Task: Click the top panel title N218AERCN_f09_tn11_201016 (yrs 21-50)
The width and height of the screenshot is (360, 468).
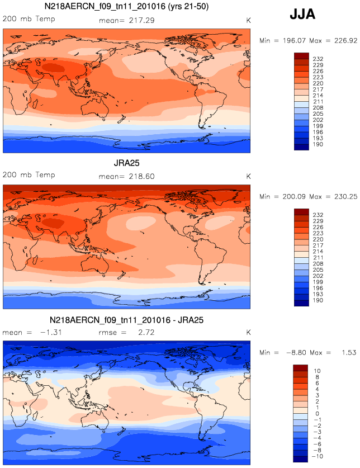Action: [x=126, y=7]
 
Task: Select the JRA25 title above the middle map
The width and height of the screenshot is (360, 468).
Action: [x=126, y=163]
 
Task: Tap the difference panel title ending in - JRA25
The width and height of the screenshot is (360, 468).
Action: [x=126, y=320]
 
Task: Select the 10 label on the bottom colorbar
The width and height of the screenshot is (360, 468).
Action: [x=315, y=371]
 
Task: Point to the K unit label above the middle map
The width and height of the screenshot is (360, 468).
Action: [x=248, y=176]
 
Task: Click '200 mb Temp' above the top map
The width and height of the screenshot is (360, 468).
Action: [x=29, y=20]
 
